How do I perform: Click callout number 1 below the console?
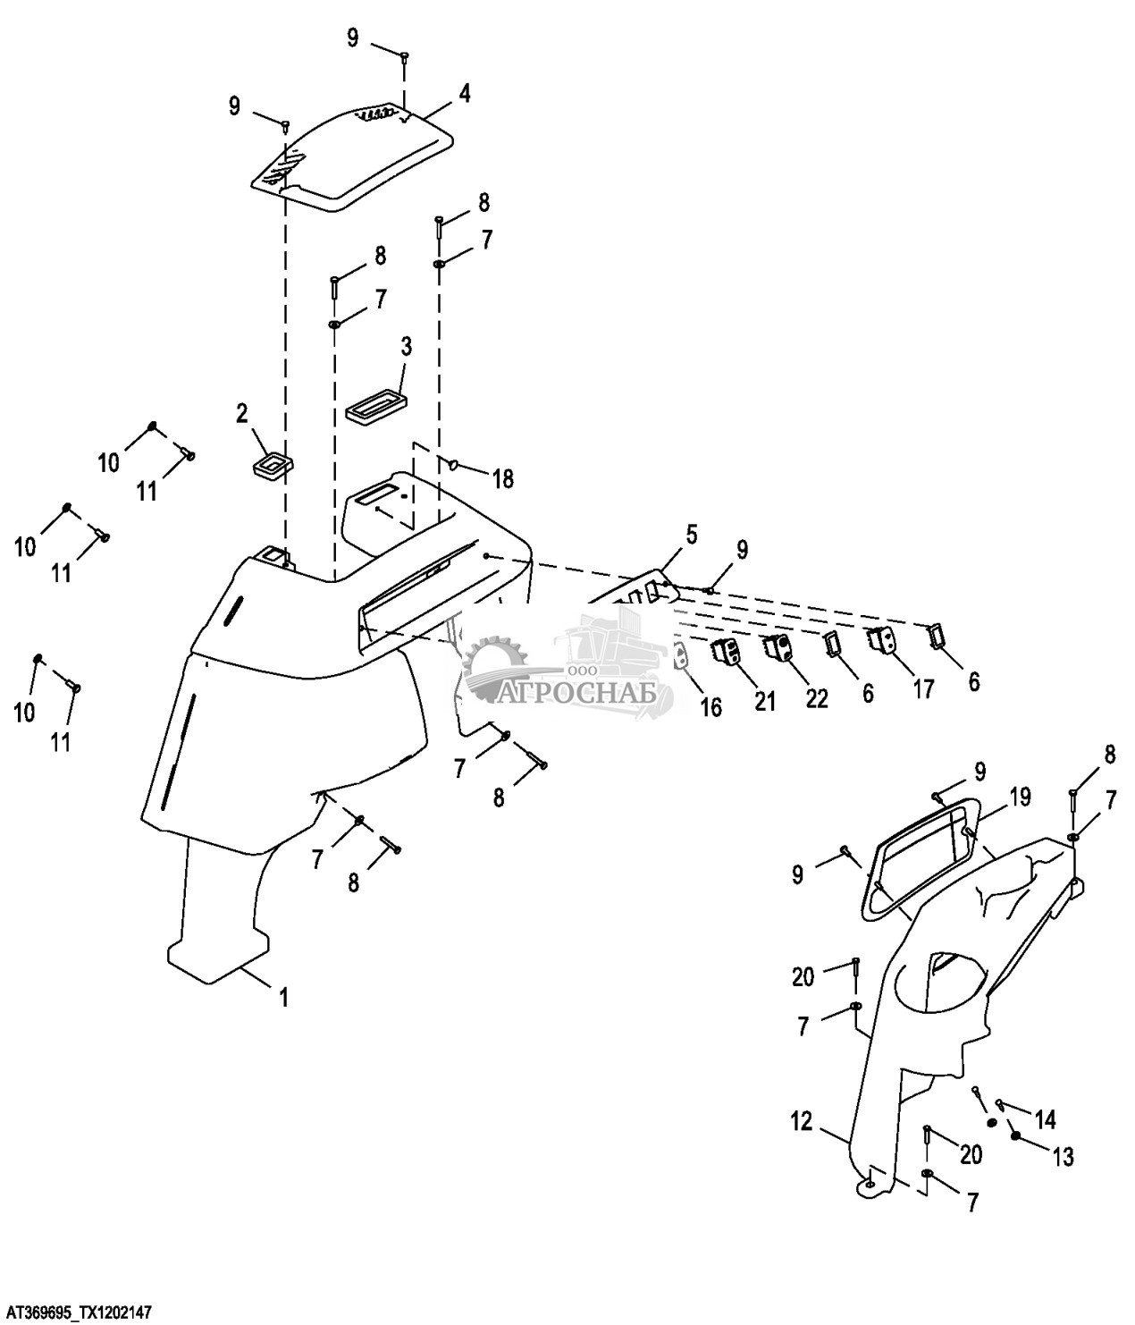coord(283,998)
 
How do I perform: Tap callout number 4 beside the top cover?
coord(464,94)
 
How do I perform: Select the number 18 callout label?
coord(504,479)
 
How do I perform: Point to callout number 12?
coord(802,1121)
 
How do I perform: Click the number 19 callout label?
coord(1020,797)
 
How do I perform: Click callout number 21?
coord(765,702)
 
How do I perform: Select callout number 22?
coord(817,699)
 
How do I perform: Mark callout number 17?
coord(923,689)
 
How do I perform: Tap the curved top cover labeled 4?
coord(352,160)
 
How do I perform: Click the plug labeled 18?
coord(454,463)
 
